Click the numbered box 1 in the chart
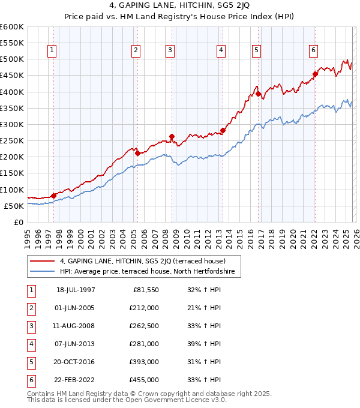[53, 51]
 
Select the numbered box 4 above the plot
[221, 51]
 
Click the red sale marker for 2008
[172, 137]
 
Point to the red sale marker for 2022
[315, 74]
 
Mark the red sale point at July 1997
[53, 196]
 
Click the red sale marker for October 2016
[258, 94]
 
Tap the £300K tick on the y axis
[12, 125]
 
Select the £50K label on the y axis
[14, 206]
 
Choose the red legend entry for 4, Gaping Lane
[142, 261]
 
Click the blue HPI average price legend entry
[150, 272]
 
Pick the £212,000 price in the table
[144, 308]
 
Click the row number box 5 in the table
[30, 362]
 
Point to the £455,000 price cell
[144, 380]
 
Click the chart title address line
[180, 7]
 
